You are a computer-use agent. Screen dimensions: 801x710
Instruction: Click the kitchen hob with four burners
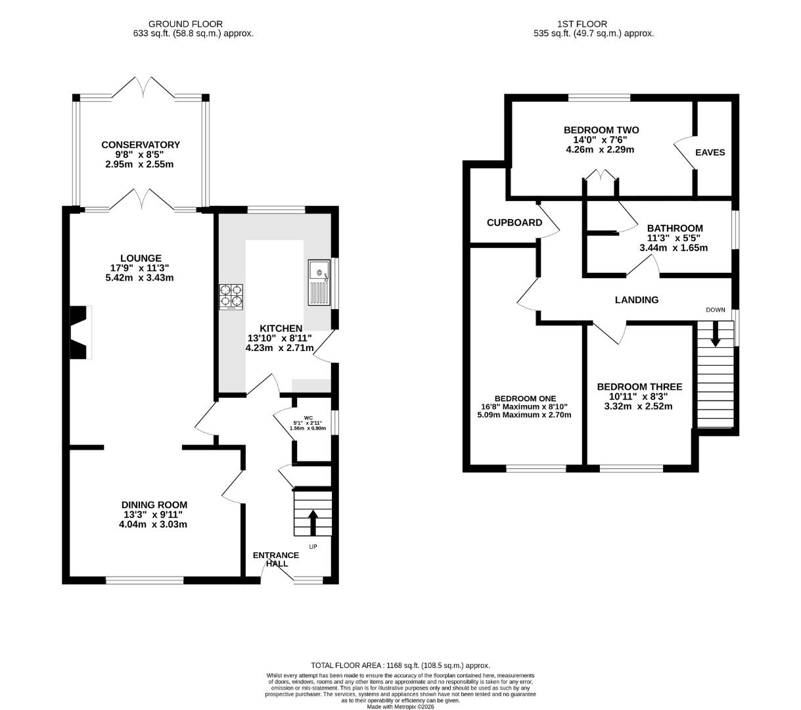231,296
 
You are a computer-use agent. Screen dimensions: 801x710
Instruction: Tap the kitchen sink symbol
319,283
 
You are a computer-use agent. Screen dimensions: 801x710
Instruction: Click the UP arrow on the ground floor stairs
313,522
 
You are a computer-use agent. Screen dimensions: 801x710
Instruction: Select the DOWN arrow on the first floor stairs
715,334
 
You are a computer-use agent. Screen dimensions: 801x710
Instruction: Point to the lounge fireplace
81,332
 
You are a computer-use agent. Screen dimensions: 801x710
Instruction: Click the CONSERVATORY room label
141,145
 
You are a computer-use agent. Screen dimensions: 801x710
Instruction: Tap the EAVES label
710,153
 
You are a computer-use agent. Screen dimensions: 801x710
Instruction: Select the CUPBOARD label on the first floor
515,223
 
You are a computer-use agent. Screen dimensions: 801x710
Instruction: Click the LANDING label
637,300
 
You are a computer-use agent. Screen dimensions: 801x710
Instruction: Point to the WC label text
308,417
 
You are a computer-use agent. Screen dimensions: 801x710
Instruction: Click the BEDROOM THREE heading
639,387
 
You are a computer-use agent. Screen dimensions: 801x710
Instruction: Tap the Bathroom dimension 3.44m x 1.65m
674,248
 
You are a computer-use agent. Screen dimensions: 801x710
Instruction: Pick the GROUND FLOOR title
185,24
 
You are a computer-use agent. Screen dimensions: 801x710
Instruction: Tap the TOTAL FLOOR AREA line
401,665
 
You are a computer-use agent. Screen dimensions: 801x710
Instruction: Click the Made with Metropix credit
401,707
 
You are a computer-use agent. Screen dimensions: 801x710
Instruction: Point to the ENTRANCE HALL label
276,559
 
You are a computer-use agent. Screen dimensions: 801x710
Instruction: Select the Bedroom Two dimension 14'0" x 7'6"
600,139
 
